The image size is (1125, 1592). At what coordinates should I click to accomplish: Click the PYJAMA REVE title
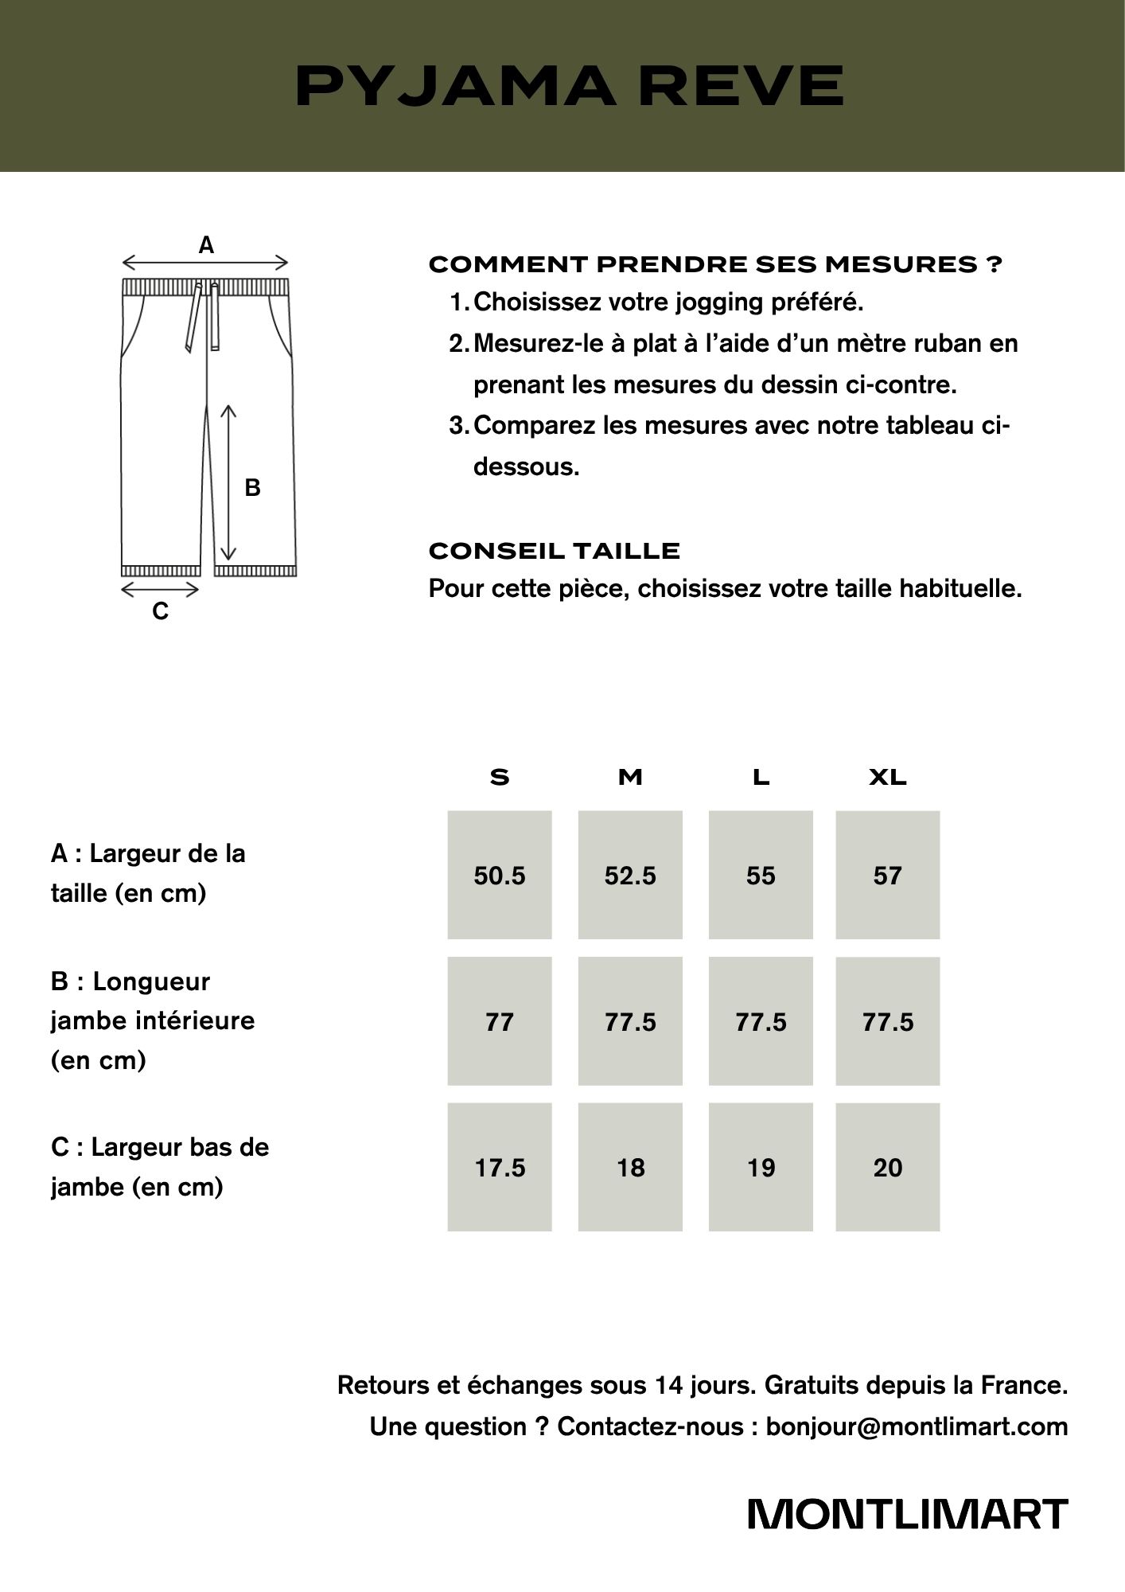point(569,85)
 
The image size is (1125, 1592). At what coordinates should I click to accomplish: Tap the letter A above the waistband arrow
point(206,245)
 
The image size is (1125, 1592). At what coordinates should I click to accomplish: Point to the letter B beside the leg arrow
point(252,487)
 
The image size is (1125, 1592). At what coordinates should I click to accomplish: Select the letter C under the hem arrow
point(160,611)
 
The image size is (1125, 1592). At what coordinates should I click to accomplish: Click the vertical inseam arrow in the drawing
point(228,482)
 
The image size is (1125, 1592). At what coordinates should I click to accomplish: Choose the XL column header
point(887,777)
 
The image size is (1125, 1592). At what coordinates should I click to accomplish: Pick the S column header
point(500,777)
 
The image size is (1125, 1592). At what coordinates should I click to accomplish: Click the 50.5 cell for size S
point(500,876)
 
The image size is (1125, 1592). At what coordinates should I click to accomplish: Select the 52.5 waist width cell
point(630,876)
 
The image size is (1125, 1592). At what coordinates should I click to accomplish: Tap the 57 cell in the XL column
point(887,876)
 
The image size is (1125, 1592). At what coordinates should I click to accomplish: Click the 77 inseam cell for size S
point(500,1021)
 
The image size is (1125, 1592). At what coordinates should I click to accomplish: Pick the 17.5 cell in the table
point(500,1168)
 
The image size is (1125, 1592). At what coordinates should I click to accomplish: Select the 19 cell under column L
point(761,1168)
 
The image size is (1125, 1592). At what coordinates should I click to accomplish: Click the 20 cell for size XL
point(887,1168)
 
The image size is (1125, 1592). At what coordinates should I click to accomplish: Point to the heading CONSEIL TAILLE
point(555,551)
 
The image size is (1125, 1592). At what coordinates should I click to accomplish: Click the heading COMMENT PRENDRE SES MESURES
point(714,264)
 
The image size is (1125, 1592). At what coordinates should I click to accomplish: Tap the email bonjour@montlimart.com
point(917,1426)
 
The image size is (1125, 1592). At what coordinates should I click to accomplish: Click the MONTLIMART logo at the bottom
point(907,1514)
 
